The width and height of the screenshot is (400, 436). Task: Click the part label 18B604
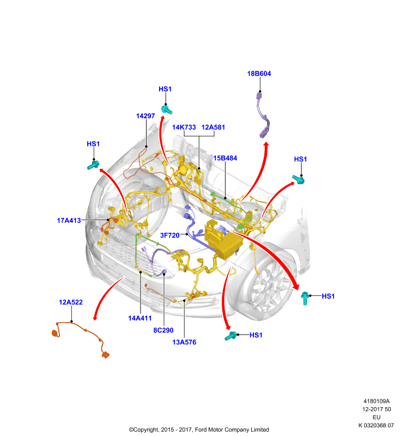(x=259, y=74)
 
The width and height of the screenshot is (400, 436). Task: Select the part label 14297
(x=146, y=116)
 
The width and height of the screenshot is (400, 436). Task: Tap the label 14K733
(x=184, y=128)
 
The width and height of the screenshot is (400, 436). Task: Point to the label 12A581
(x=213, y=128)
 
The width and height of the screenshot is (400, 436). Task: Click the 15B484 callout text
(x=225, y=158)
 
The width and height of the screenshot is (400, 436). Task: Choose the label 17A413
(x=69, y=221)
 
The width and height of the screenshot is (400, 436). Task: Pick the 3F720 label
(x=170, y=235)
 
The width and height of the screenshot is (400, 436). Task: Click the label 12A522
(x=71, y=302)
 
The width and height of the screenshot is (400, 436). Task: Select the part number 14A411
(x=140, y=318)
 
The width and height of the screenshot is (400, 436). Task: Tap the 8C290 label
(x=163, y=330)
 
